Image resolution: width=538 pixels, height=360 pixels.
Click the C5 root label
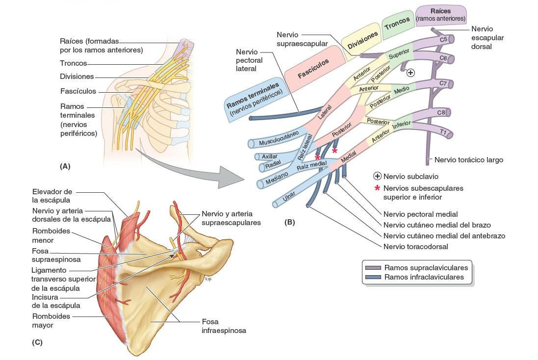pyautogui.click(x=443, y=39)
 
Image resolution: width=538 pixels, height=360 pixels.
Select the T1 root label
pyautogui.click(x=443, y=132)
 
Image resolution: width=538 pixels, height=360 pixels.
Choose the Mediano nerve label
pyautogui.click(x=278, y=180)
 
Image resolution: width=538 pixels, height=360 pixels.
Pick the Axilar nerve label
pyautogui.click(x=270, y=156)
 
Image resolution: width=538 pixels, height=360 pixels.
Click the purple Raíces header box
pyautogui.click(x=440, y=15)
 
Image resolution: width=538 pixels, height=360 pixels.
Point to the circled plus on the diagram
pyautogui.click(x=411, y=73)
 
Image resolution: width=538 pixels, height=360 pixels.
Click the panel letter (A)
pyautogui.click(x=65, y=166)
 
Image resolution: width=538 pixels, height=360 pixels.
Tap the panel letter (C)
pyautogui.click(x=37, y=342)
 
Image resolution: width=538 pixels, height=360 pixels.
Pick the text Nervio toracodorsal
pyautogui.click(x=416, y=247)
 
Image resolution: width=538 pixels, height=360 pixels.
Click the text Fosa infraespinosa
pyautogui.click(x=224, y=326)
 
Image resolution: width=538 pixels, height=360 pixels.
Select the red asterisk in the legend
pyautogui.click(x=377, y=188)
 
